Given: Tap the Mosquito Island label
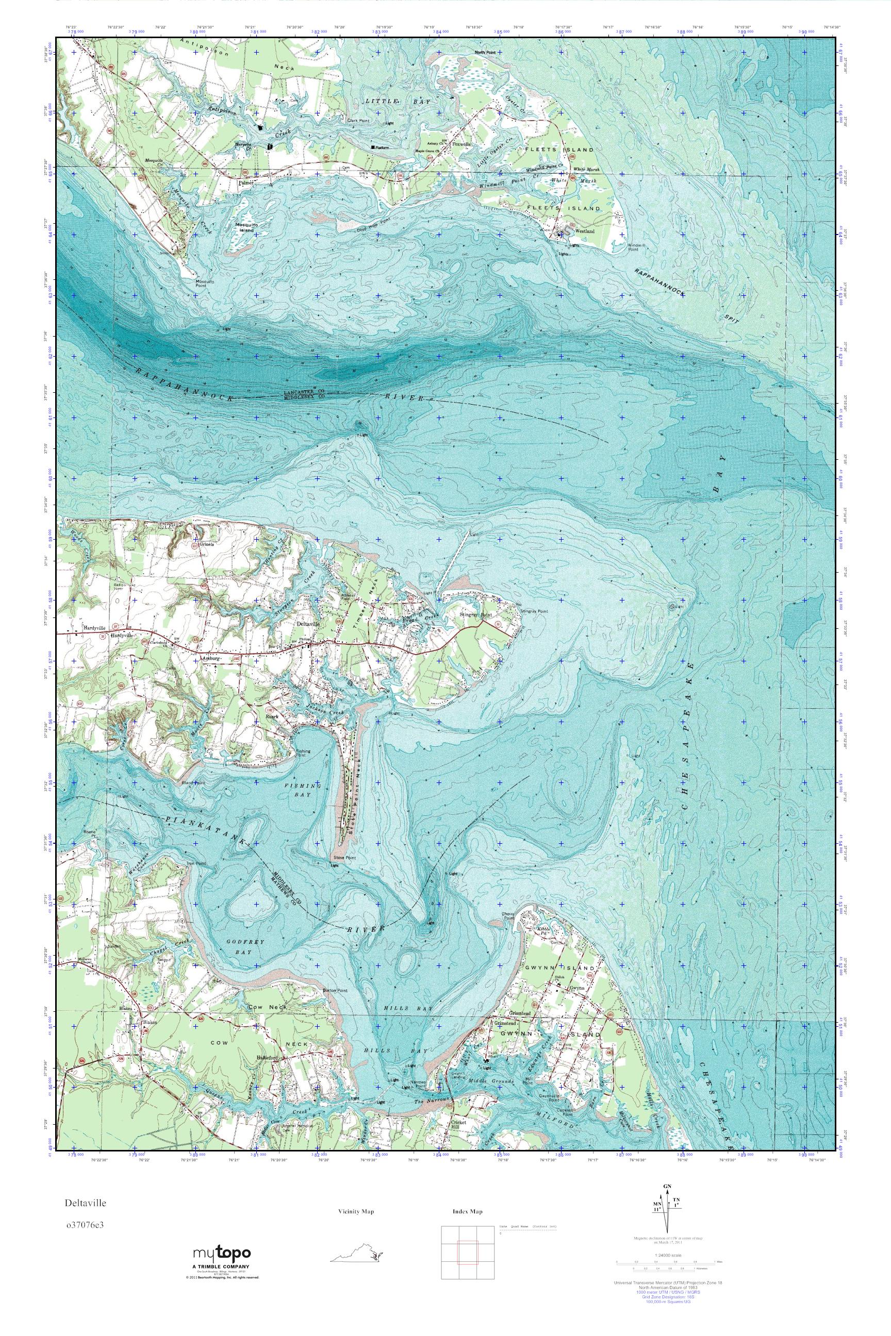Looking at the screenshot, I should pos(246,227).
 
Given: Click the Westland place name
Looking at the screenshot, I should pos(585,232).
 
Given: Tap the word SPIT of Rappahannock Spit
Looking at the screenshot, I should pos(731,319).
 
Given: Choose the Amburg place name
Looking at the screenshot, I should pos(210,658).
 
